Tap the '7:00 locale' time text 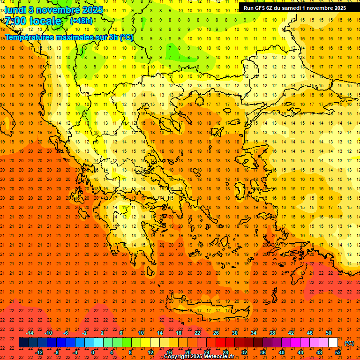(x=33, y=21)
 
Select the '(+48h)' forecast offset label (x=81, y=21)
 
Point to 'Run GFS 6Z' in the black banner (x=260, y=8)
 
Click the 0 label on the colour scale (x=93, y=352)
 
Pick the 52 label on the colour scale (x=338, y=352)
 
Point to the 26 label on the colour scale (x=216, y=333)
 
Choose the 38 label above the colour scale (x=272, y=333)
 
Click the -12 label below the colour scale (x=39, y=352)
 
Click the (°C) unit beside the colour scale (x=349, y=343)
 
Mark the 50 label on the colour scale (x=329, y=333)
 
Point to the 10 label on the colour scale (x=141, y=333)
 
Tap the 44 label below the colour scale (x=300, y=352)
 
